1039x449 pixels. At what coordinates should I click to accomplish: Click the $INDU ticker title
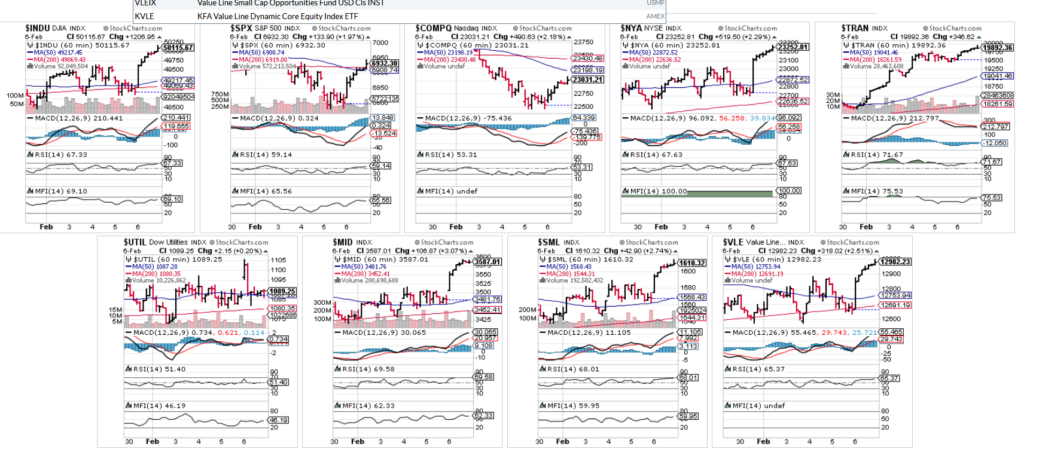click(x=38, y=28)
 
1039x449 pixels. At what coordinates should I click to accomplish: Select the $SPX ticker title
click(x=242, y=28)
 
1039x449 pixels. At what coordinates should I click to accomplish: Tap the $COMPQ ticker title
click(x=434, y=28)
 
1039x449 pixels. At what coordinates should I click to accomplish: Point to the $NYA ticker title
click(x=632, y=28)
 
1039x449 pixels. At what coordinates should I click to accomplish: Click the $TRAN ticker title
click(x=855, y=28)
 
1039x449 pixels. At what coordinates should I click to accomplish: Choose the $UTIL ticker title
click(x=135, y=242)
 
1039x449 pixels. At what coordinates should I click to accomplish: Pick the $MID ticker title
click(x=343, y=242)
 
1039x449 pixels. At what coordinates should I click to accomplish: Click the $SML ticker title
click(x=549, y=242)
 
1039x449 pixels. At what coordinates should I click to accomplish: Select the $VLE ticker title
click(x=733, y=242)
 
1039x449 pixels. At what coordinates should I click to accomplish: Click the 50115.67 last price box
click(x=178, y=48)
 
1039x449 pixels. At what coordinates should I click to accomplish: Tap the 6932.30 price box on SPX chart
click(x=385, y=63)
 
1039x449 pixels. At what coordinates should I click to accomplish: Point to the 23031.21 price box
click(x=587, y=80)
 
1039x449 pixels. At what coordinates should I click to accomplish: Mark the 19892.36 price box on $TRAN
click(x=998, y=48)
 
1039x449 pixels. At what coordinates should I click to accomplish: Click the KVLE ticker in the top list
click(x=144, y=16)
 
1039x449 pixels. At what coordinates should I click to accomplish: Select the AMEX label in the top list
click(x=655, y=16)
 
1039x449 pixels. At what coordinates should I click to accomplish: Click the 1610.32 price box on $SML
click(x=692, y=263)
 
